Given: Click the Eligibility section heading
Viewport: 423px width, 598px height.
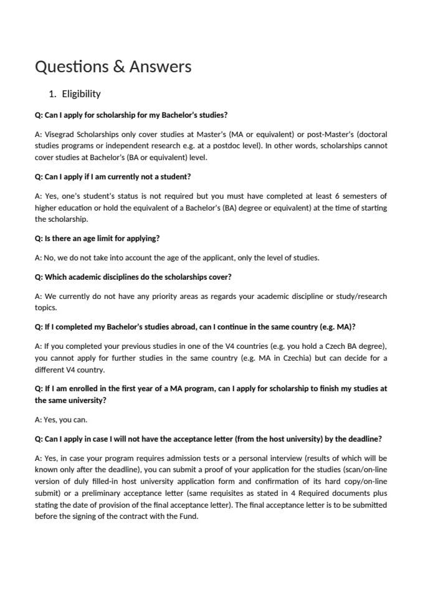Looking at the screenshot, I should pos(81,94).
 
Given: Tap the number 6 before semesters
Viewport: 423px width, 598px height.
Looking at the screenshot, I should pos(330,196).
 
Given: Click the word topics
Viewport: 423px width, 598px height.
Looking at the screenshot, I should pos(45,308).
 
